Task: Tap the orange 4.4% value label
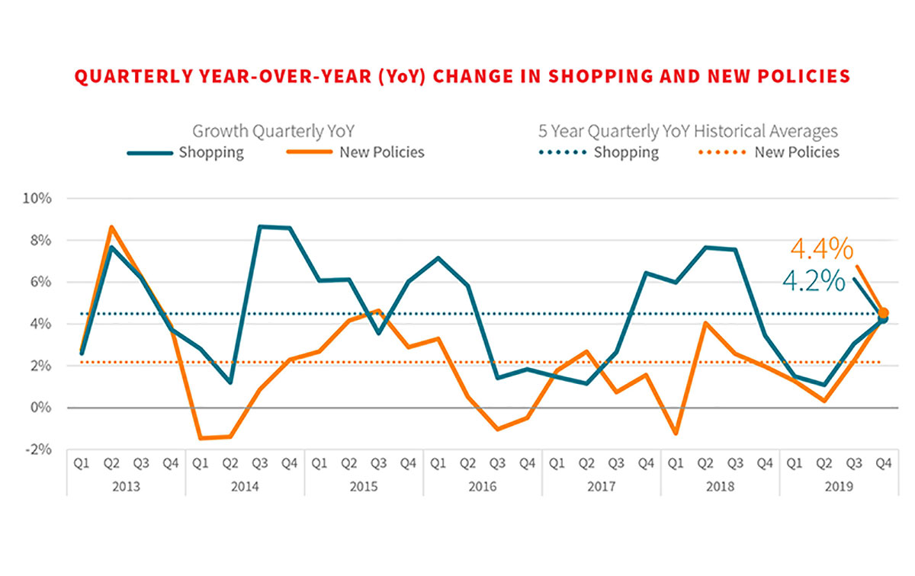point(820,249)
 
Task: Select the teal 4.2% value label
point(814,282)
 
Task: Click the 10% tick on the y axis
point(37,199)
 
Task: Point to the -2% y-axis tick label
point(37,450)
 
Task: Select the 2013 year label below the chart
point(125,486)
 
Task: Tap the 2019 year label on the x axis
point(838,486)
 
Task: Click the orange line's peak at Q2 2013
point(111,227)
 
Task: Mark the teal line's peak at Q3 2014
point(260,226)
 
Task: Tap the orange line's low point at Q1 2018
point(675,434)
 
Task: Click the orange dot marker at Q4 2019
point(883,312)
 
